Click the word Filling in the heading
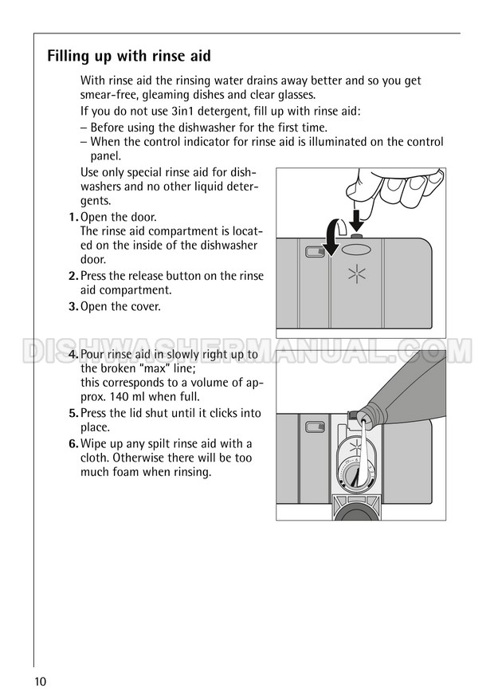coord(68,57)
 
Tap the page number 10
coord(39,681)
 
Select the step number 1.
coord(73,218)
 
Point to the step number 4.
coord(73,355)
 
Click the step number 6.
coord(73,444)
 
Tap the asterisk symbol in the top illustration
coord(356,274)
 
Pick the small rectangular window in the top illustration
coord(315,252)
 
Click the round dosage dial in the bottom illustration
coord(356,478)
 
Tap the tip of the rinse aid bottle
coord(362,419)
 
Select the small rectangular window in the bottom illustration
coord(315,427)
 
